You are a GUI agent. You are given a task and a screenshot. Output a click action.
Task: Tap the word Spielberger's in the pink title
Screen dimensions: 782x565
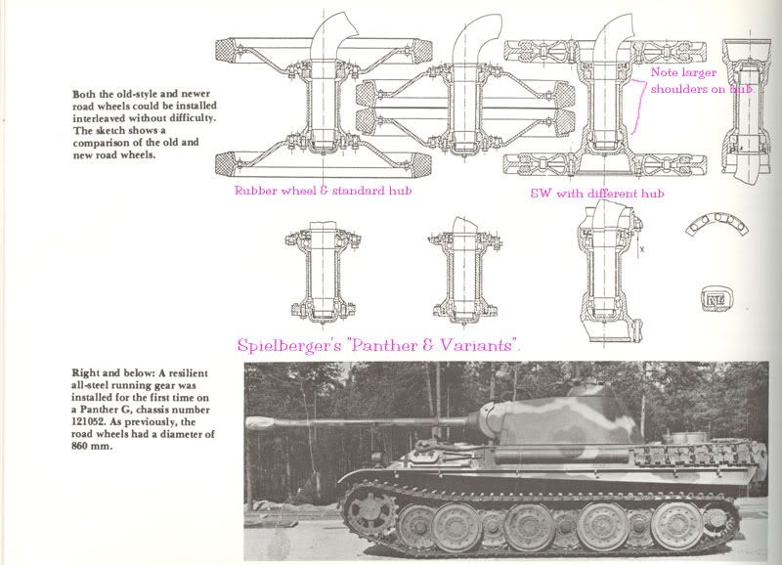coord(289,346)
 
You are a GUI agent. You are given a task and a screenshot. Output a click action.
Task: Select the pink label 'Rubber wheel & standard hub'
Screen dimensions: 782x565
coord(323,191)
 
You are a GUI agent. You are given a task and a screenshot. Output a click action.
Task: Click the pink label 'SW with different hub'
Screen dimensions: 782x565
coord(597,194)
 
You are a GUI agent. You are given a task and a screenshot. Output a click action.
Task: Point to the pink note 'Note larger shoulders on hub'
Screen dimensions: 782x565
coord(702,81)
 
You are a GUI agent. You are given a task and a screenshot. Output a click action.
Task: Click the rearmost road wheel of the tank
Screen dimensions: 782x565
coord(676,525)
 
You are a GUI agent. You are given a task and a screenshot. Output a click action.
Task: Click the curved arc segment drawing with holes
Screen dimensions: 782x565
coord(717,224)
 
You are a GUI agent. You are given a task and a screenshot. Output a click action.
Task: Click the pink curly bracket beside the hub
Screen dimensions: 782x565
coord(636,107)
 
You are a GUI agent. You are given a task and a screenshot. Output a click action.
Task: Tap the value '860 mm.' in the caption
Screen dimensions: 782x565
coord(92,447)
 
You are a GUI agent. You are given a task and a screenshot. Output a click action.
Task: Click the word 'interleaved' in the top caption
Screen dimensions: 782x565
coord(99,118)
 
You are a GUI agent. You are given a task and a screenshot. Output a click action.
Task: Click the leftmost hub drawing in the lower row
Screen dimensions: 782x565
coord(323,272)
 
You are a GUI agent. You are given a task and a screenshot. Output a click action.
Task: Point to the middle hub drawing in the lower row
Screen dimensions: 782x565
coord(464,272)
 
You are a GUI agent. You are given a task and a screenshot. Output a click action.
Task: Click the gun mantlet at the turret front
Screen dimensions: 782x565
coord(493,418)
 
